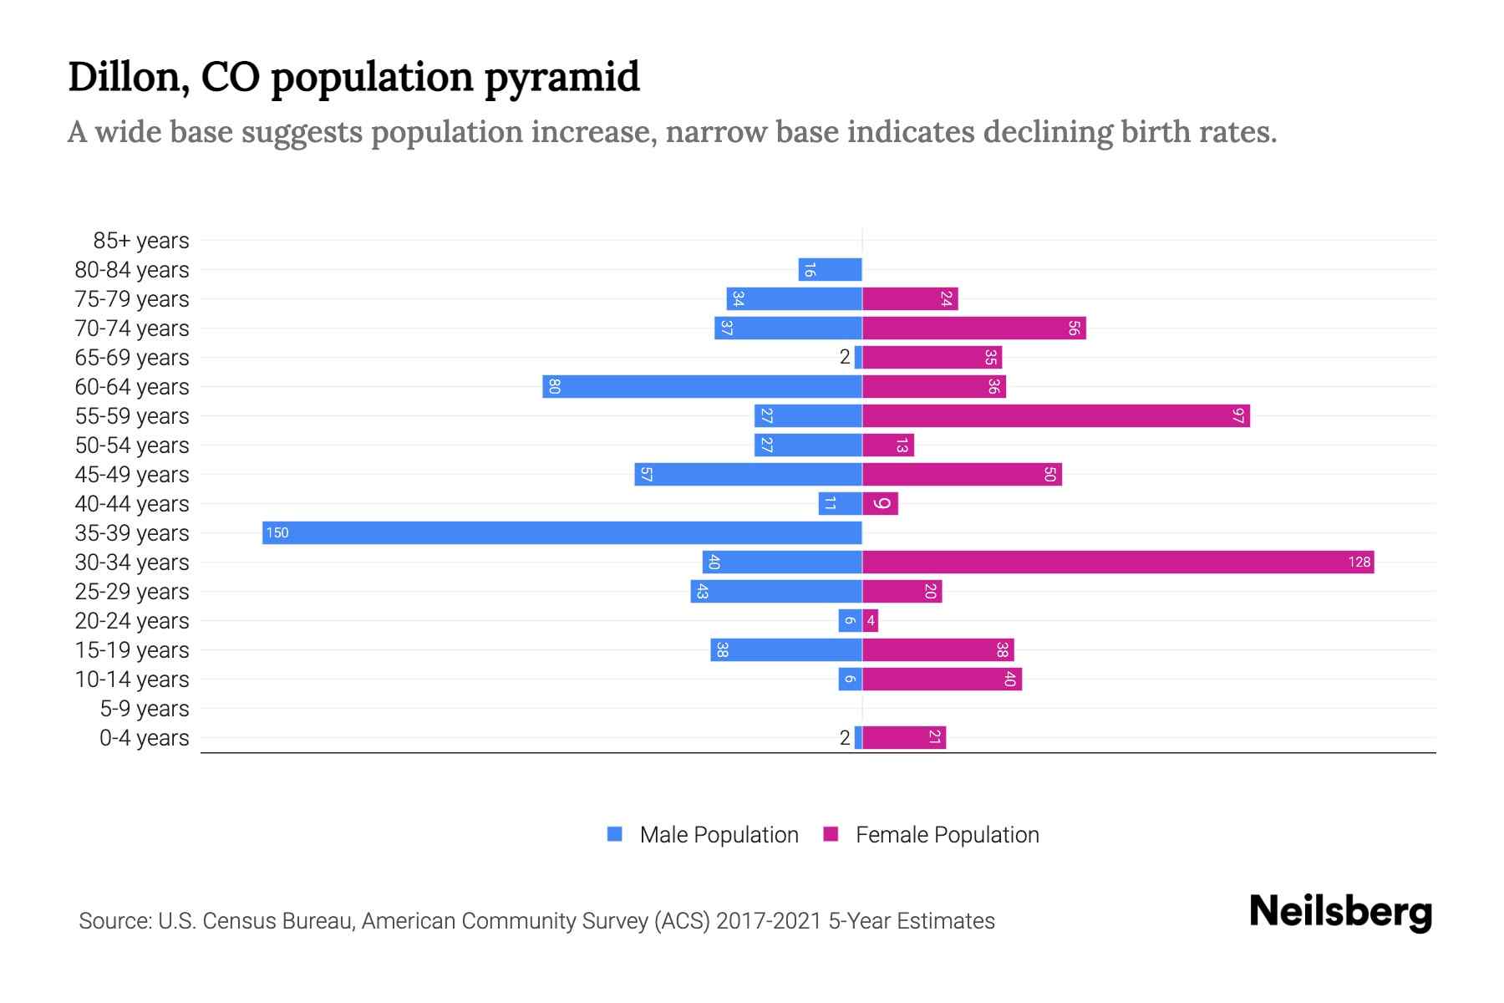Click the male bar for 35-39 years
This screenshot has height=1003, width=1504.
[x=561, y=532]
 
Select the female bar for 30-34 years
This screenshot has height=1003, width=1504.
[x=1118, y=562]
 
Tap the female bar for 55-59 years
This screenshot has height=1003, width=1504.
[x=1055, y=415]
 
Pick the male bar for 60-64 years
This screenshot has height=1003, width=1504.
[x=702, y=386]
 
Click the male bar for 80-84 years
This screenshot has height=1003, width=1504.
[x=830, y=269]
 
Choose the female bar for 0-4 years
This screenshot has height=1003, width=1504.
[x=904, y=737]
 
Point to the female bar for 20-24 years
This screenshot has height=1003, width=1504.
[x=870, y=620]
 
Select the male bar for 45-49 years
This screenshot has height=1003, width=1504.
[x=748, y=474]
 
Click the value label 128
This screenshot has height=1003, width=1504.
[x=1359, y=562]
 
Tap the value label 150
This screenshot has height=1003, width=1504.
[x=277, y=532]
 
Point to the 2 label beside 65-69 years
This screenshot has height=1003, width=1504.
[x=845, y=357]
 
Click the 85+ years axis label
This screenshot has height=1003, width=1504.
[x=141, y=241]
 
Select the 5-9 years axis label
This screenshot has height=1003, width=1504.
[x=145, y=709]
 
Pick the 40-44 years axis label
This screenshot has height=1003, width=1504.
[x=132, y=504]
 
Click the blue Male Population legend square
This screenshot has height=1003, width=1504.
[x=615, y=834]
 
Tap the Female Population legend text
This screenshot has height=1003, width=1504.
[x=947, y=834]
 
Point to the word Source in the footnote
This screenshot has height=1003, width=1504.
[x=114, y=921]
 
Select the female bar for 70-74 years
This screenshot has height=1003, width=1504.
[x=973, y=328]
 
